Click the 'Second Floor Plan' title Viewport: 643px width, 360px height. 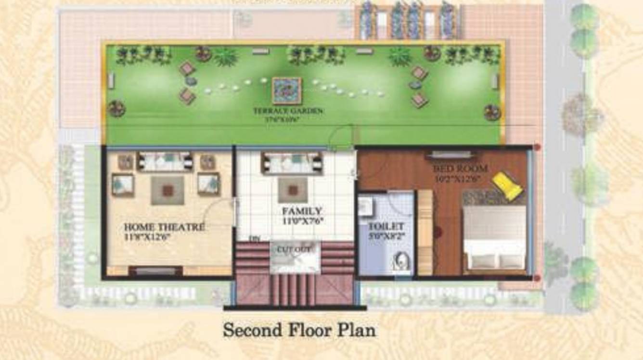click(299, 330)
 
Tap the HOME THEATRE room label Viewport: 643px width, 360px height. click(165, 227)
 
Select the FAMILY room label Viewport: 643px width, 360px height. click(302, 211)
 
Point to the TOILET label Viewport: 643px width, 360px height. click(386, 227)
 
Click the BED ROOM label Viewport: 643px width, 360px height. click(460, 168)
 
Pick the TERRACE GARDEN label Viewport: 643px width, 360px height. click(288, 111)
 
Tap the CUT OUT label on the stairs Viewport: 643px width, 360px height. click(295, 249)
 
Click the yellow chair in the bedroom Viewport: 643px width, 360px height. click(507, 185)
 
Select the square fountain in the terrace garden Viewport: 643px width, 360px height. click(286, 90)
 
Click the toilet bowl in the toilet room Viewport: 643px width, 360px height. click(401, 262)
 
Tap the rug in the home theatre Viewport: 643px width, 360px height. click(167, 191)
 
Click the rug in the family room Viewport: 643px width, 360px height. click(293, 189)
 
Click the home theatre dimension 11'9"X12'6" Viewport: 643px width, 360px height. click(147, 236)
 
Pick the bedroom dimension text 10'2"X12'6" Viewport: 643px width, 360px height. click(460, 178)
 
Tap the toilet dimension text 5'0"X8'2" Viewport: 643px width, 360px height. click(386, 236)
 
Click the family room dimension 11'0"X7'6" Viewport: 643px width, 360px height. click(302, 220)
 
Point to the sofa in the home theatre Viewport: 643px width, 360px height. click(165, 161)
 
